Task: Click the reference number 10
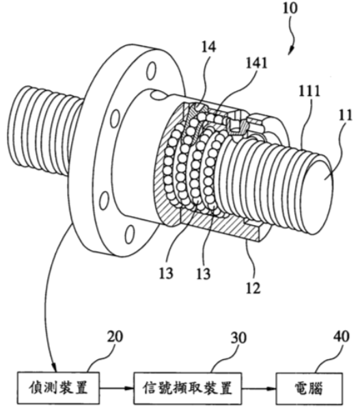pos(290,8)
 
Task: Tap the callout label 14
pos(208,47)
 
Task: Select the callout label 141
pos(257,63)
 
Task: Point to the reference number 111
pos(309,91)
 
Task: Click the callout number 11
pos(345,115)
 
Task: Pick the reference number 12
pos(253,288)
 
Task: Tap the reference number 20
pos(115,337)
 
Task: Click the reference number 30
pos(238,338)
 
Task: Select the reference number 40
pos(342,337)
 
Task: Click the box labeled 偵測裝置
pos(58,388)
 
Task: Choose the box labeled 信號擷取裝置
pos(187,388)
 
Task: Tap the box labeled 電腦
pos(309,388)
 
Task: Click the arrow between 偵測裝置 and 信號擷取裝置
pos(116,388)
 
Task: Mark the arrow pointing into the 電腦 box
pos(259,388)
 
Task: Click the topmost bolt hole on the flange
pos(151,70)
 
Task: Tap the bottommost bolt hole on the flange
pos(130,234)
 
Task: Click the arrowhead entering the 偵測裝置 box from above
pos(54,368)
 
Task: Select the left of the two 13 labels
pos(166,274)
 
